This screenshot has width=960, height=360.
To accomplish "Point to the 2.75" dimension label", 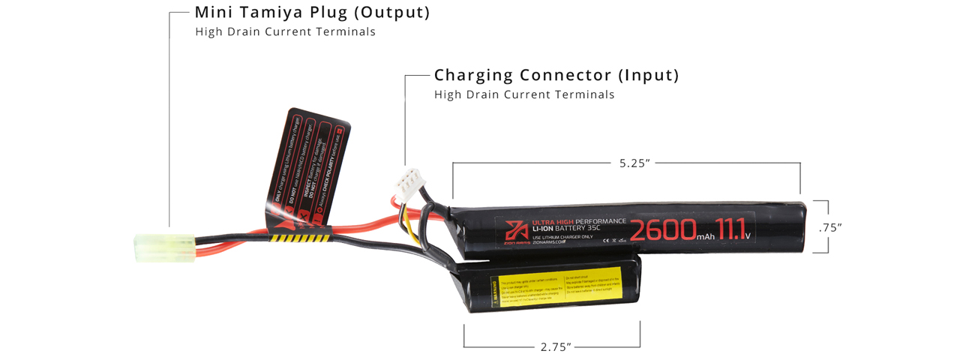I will point(556,346).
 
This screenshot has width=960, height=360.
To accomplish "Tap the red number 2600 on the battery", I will point(663,230).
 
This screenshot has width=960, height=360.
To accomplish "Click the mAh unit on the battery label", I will point(706,237).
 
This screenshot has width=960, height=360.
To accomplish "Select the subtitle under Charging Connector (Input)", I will point(524,94).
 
